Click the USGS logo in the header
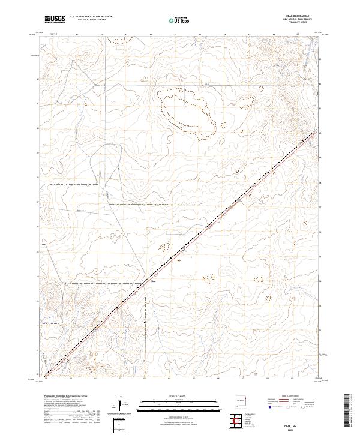(55, 19)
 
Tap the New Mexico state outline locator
(243, 398)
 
